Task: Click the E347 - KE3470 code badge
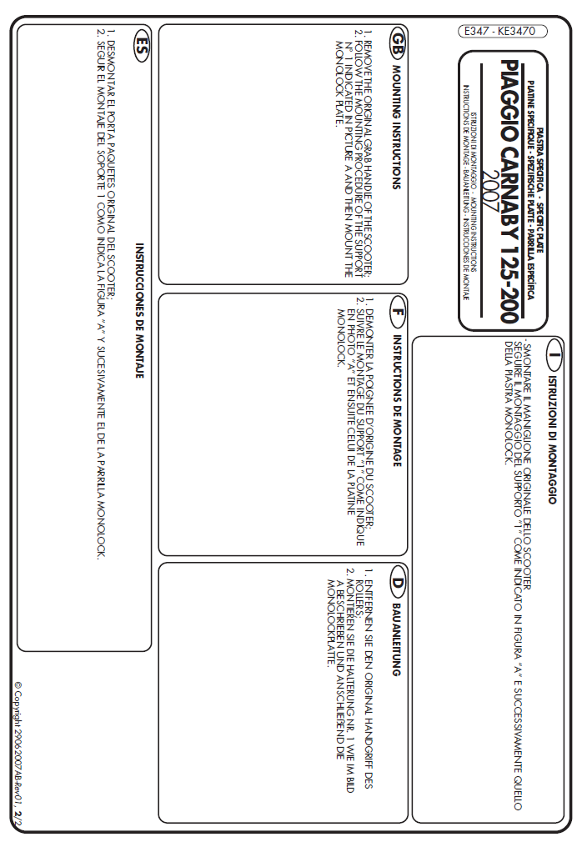tap(502, 32)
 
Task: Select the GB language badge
tap(399, 41)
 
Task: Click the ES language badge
tap(143, 43)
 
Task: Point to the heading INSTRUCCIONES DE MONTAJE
tap(141, 300)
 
